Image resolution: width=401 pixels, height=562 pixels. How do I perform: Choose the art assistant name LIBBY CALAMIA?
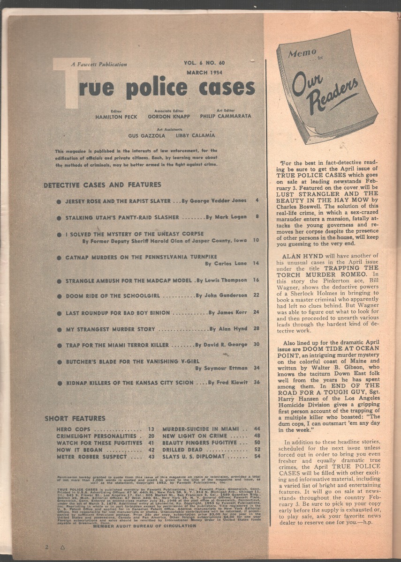[195, 135]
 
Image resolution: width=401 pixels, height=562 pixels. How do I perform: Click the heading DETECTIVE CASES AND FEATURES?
[102, 185]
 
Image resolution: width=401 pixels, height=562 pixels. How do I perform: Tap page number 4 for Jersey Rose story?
[257, 200]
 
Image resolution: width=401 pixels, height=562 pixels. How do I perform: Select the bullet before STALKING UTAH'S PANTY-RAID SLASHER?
[59, 218]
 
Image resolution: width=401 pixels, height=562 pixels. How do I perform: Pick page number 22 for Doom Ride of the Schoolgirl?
[256, 296]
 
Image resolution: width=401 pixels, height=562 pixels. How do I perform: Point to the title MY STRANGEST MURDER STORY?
[110, 329]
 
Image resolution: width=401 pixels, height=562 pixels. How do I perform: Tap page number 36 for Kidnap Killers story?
[256, 383]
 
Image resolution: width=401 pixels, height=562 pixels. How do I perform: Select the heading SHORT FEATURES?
[75, 418]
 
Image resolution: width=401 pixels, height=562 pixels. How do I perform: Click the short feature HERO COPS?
[71, 429]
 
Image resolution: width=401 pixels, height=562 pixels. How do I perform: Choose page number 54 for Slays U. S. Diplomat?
[257, 457]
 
